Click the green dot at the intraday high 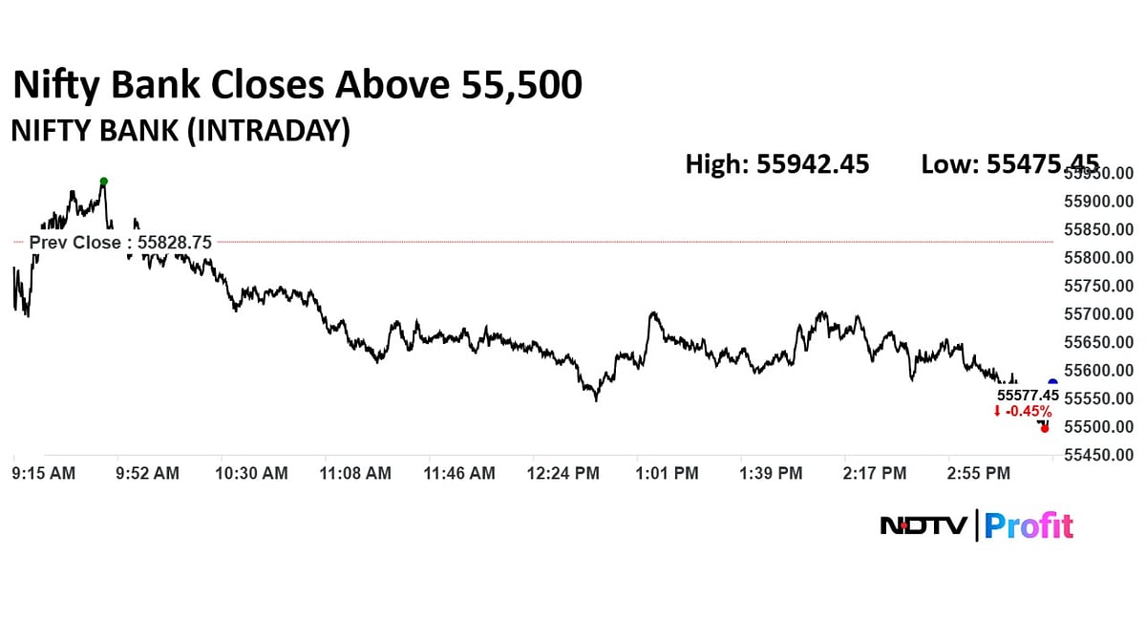(104, 182)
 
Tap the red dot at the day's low (1046, 428)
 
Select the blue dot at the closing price (1052, 383)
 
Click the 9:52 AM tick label (146, 473)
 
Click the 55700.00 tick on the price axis (1099, 314)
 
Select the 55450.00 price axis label (1099, 455)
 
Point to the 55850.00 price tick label (1099, 230)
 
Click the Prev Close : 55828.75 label (121, 243)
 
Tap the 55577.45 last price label (1028, 395)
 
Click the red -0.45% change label (1022, 411)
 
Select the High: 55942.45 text (777, 164)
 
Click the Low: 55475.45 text (1009, 164)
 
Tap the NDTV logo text (924, 526)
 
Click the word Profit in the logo (1029, 526)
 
